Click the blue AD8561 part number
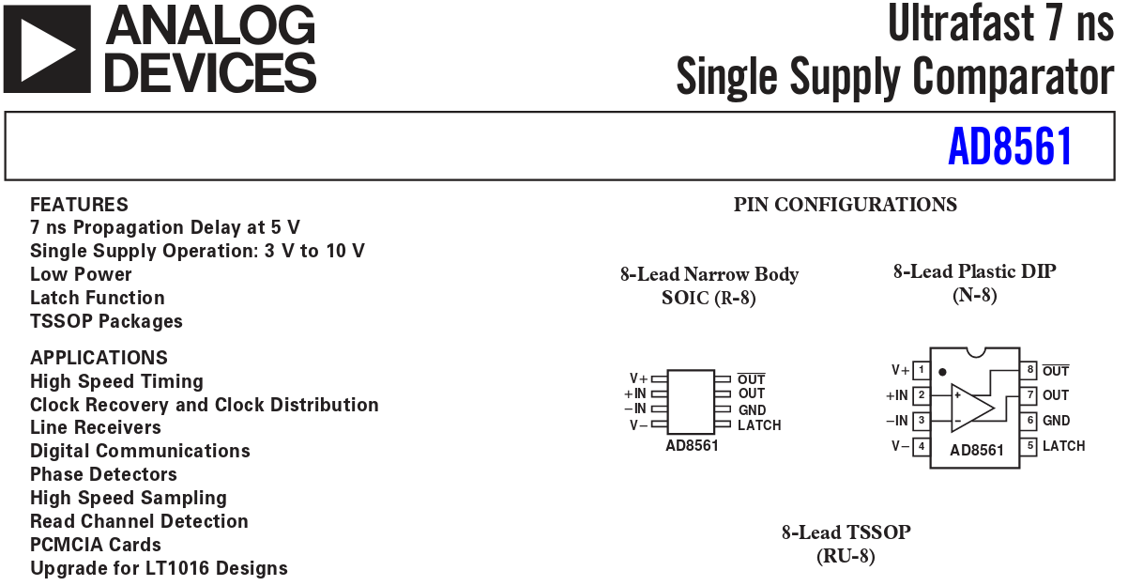tap(1010, 146)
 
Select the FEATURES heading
tap(79, 205)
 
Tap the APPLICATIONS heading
tap(99, 358)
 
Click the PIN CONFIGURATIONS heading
tap(845, 205)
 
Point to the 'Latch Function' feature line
tap(98, 298)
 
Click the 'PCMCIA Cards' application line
tap(95, 545)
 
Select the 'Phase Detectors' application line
tap(103, 474)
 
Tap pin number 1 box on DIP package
tap(921, 370)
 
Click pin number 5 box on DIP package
tap(1029, 446)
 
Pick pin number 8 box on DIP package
tap(1029, 370)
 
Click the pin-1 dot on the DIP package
tap(942, 372)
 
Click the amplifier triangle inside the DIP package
tap(969, 409)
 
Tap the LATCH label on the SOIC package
tap(759, 425)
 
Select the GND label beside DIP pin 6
tap(1056, 421)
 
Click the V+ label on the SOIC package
tap(638, 378)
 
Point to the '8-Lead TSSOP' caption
tap(846, 532)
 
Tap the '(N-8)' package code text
tap(974, 295)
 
